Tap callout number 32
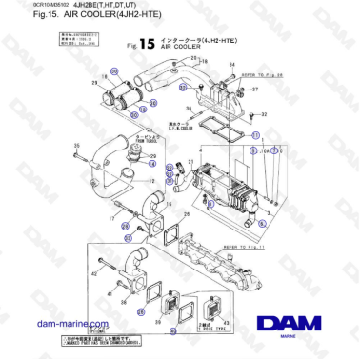(264, 113)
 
